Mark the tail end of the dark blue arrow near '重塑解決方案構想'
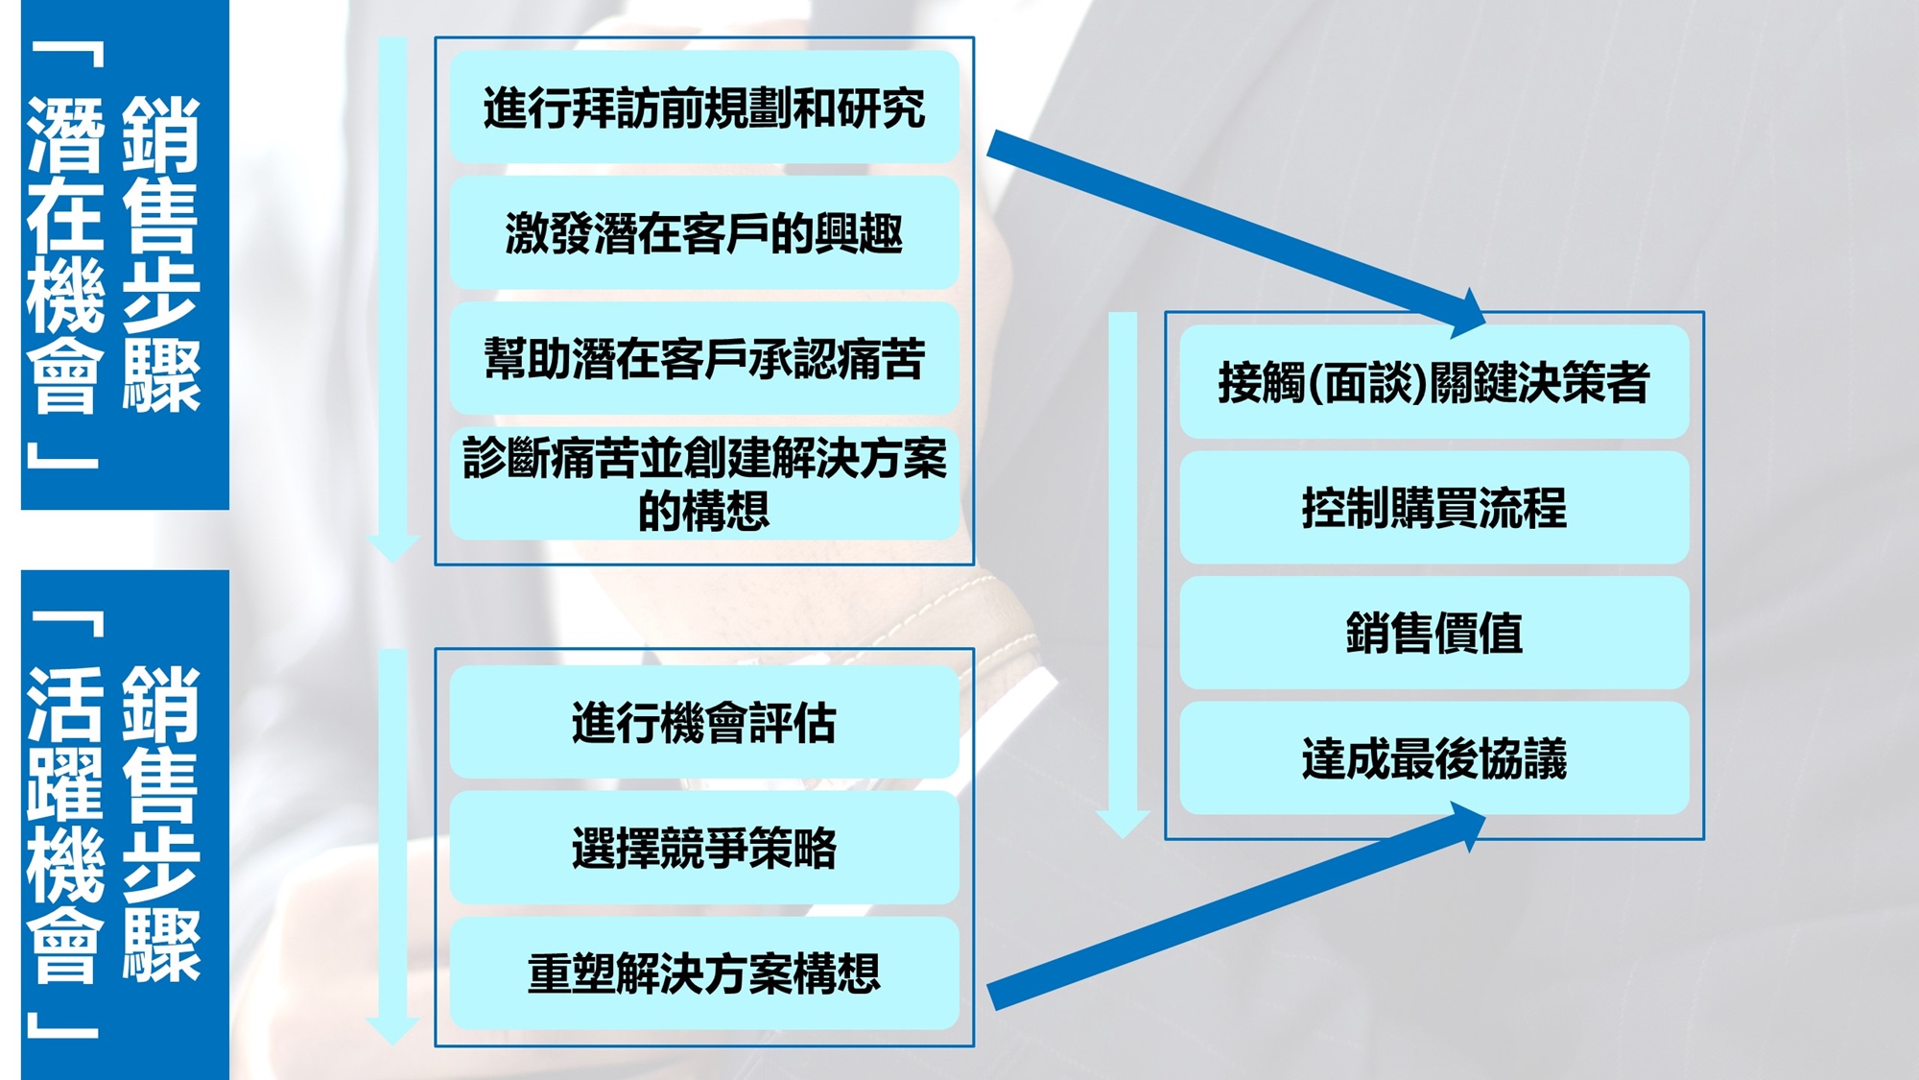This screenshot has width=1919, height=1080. pos(994,997)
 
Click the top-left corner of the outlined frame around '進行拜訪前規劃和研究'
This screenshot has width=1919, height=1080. pos(436,38)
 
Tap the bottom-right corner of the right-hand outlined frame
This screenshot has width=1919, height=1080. pos(1704,839)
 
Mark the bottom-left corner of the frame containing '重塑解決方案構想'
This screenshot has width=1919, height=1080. pos(436,1045)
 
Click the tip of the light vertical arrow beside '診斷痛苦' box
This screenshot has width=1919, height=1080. pos(392,563)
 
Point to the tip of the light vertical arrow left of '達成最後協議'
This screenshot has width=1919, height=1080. pos(1123,838)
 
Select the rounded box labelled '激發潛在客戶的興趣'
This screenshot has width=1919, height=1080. pos(704,232)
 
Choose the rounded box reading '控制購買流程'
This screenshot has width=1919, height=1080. pos(1434,507)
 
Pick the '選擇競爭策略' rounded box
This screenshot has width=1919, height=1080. pos(704,848)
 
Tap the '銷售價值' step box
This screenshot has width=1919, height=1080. pos(1434,633)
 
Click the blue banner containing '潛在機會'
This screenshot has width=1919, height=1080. pos(125,254)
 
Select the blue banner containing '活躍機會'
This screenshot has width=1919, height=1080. pos(125,825)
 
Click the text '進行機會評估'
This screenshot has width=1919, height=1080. pos(704,723)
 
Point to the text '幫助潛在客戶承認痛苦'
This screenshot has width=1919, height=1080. pos(704,359)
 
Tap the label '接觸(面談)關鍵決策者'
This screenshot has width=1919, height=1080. pos(1434,382)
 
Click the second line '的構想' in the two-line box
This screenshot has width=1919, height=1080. pos(704,510)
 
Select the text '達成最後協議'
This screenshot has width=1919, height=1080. pos(1434,758)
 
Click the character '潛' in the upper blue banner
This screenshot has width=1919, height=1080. pos(65,135)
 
